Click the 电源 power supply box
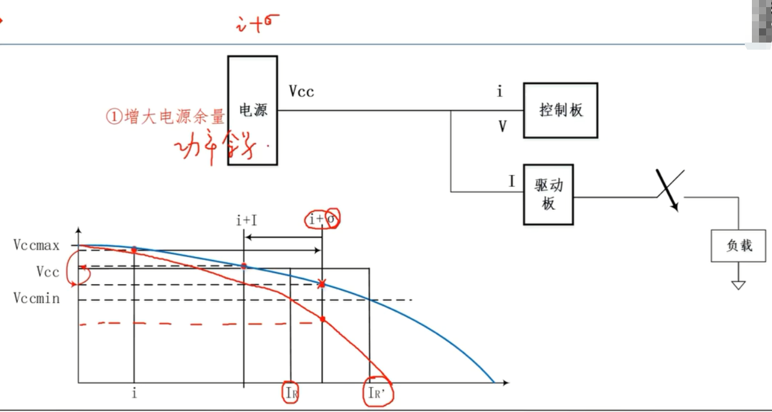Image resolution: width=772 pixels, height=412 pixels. click(x=252, y=111)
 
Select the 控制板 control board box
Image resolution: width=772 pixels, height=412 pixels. click(x=560, y=110)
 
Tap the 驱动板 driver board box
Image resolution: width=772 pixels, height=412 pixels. click(x=548, y=194)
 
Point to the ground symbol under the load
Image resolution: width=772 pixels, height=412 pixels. click(x=738, y=285)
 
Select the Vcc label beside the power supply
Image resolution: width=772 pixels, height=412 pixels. click(x=301, y=91)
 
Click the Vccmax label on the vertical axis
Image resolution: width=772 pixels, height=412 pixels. click(x=36, y=245)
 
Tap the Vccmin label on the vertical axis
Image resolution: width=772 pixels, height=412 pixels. click(x=37, y=299)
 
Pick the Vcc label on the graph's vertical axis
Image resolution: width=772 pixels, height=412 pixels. click(x=47, y=272)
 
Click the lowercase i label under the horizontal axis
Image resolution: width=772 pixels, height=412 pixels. click(x=134, y=392)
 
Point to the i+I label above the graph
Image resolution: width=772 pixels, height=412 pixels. click(x=246, y=221)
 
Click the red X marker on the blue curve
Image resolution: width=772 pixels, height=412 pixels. click(x=322, y=284)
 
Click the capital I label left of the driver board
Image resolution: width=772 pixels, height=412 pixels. click(x=512, y=181)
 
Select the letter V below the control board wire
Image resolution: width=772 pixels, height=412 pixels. click(x=502, y=126)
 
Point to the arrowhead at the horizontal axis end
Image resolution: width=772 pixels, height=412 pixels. click(x=505, y=384)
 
